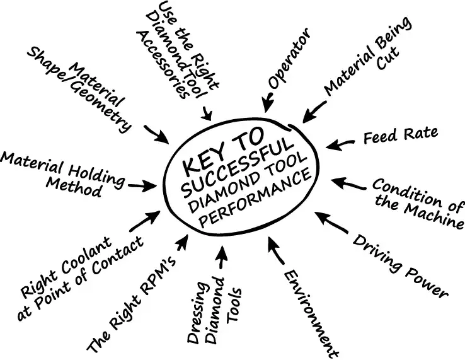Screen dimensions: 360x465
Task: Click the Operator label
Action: pyautogui.click(x=289, y=59)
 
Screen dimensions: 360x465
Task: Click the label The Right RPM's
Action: pyautogui.click(x=132, y=303)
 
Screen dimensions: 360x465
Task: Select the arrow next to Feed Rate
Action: pyautogui.click(x=343, y=144)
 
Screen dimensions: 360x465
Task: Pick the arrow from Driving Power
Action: pyautogui.click(x=330, y=221)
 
